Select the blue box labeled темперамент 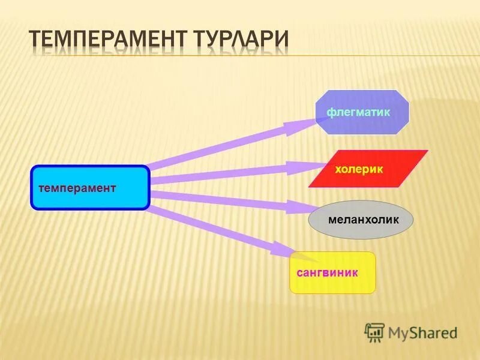[x=89, y=187]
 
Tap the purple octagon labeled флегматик [x=362, y=112]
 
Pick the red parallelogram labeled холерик [x=368, y=169]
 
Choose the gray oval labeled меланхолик [x=361, y=220]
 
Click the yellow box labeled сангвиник [x=332, y=272]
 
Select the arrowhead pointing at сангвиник [x=283, y=248]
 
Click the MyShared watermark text [x=422, y=332]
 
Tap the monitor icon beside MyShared [x=374, y=332]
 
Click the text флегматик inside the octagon [x=358, y=112]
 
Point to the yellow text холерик [x=358, y=170]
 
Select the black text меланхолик [x=363, y=220]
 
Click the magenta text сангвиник [x=327, y=272]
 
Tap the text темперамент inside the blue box [x=77, y=188]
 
